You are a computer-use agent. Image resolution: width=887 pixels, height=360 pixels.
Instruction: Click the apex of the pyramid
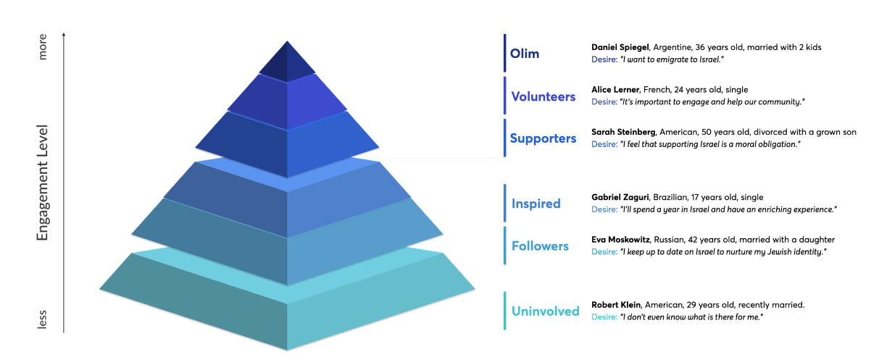[x=287, y=41]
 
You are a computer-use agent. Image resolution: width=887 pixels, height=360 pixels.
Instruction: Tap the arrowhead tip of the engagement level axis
[x=64, y=33]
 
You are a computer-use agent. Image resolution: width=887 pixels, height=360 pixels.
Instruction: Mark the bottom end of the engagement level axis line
[x=64, y=333]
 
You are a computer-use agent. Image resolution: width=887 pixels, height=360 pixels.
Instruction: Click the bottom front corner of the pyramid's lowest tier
[x=287, y=351]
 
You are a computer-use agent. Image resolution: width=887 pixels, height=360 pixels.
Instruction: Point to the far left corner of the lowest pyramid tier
[x=99, y=289]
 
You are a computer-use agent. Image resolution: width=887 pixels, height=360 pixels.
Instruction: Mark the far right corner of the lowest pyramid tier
[x=475, y=289]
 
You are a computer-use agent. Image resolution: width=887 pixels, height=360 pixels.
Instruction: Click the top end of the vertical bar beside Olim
[x=505, y=35]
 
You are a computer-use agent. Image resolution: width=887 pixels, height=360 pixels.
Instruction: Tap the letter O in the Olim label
[x=515, y=54]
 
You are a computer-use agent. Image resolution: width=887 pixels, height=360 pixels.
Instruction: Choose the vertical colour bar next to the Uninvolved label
[x=505, y=311]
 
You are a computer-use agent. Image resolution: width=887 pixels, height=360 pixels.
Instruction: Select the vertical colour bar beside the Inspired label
[x=505, y=203]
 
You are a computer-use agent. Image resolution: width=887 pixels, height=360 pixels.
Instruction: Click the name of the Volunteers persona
[x=615, y=90]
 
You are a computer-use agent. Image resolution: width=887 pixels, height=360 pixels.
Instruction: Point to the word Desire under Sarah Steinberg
[x=604, y=144]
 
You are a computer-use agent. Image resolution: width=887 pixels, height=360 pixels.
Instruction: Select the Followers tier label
[x=540, y=246]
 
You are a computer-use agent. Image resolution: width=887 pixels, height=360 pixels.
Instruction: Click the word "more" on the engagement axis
[x=42, y=46]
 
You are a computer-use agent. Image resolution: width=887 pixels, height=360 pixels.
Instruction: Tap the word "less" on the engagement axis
[x=42, y=319]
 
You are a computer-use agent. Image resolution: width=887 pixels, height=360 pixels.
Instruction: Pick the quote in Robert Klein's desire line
[x=691, y=317]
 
